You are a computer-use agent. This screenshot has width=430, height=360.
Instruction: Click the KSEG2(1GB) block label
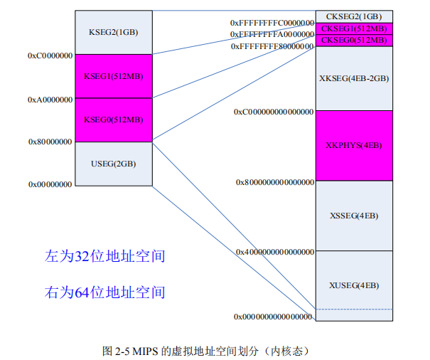[113, 32]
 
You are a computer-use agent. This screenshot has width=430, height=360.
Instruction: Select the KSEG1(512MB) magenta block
[113, 76]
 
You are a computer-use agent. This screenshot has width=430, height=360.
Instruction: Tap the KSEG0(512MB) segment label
[113, 120]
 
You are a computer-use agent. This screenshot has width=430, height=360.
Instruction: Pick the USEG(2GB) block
[113, 164]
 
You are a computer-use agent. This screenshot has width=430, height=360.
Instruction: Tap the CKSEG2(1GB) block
[353, 16]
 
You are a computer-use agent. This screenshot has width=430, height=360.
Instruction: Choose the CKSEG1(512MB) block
[353, 28]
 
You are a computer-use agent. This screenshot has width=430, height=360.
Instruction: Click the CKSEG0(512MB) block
[353, 41]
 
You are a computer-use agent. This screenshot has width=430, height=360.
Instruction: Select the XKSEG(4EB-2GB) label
[353, 78]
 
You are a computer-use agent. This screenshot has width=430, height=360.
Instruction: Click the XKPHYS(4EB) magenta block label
[353, 145]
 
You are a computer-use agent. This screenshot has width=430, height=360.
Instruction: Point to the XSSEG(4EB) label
[353, 216]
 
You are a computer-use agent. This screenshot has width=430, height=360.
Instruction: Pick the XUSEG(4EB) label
[353, 285]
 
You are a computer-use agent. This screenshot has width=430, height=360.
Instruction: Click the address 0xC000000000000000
[274, 112]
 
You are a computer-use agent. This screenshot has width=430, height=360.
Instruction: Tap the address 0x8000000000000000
[274, 182]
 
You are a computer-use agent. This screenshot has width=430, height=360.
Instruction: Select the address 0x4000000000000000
[274, 252]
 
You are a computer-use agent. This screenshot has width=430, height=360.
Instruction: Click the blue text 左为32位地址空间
[104, 256]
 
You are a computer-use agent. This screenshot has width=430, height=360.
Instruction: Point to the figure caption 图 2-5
[205, 351]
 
